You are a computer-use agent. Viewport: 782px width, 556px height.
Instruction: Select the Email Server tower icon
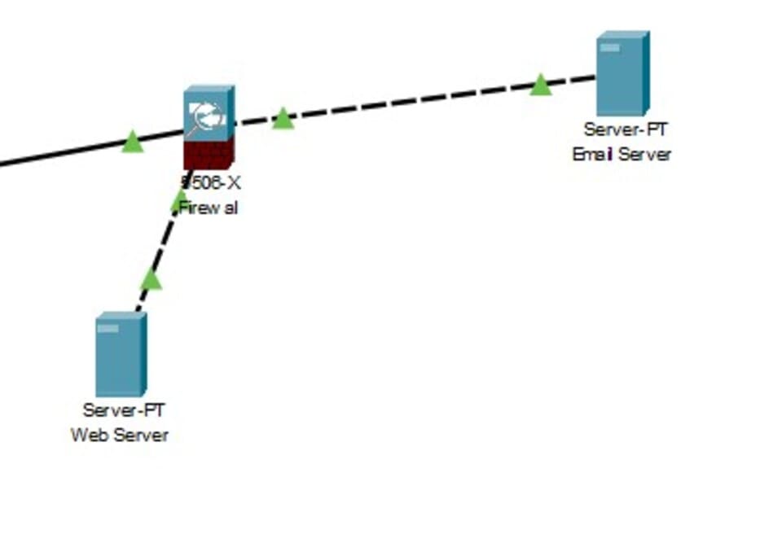pos(622,73)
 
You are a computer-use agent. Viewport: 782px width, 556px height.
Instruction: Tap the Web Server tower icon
pos(121,354)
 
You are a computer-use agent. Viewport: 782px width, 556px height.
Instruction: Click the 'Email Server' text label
pos(622,155)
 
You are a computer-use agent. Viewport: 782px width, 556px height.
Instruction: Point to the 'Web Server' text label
pos(120,435)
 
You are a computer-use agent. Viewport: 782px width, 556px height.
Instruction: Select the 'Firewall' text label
pos(209,208)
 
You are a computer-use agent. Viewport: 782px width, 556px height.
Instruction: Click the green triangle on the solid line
pos(132,142)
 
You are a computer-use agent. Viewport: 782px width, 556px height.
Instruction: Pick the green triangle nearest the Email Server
pos(540,85)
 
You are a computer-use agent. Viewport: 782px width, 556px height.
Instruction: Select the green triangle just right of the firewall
pos(282,119)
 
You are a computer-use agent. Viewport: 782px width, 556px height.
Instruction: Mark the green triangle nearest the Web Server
pos(151,280)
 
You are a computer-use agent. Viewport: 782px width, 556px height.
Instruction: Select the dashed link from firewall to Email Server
pos(407,102)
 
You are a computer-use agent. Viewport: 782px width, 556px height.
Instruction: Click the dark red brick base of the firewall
pos(208,153)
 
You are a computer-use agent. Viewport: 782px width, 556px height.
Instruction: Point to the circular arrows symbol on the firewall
pos(208,118)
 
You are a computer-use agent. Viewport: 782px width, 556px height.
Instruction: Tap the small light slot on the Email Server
pos(609,48)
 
